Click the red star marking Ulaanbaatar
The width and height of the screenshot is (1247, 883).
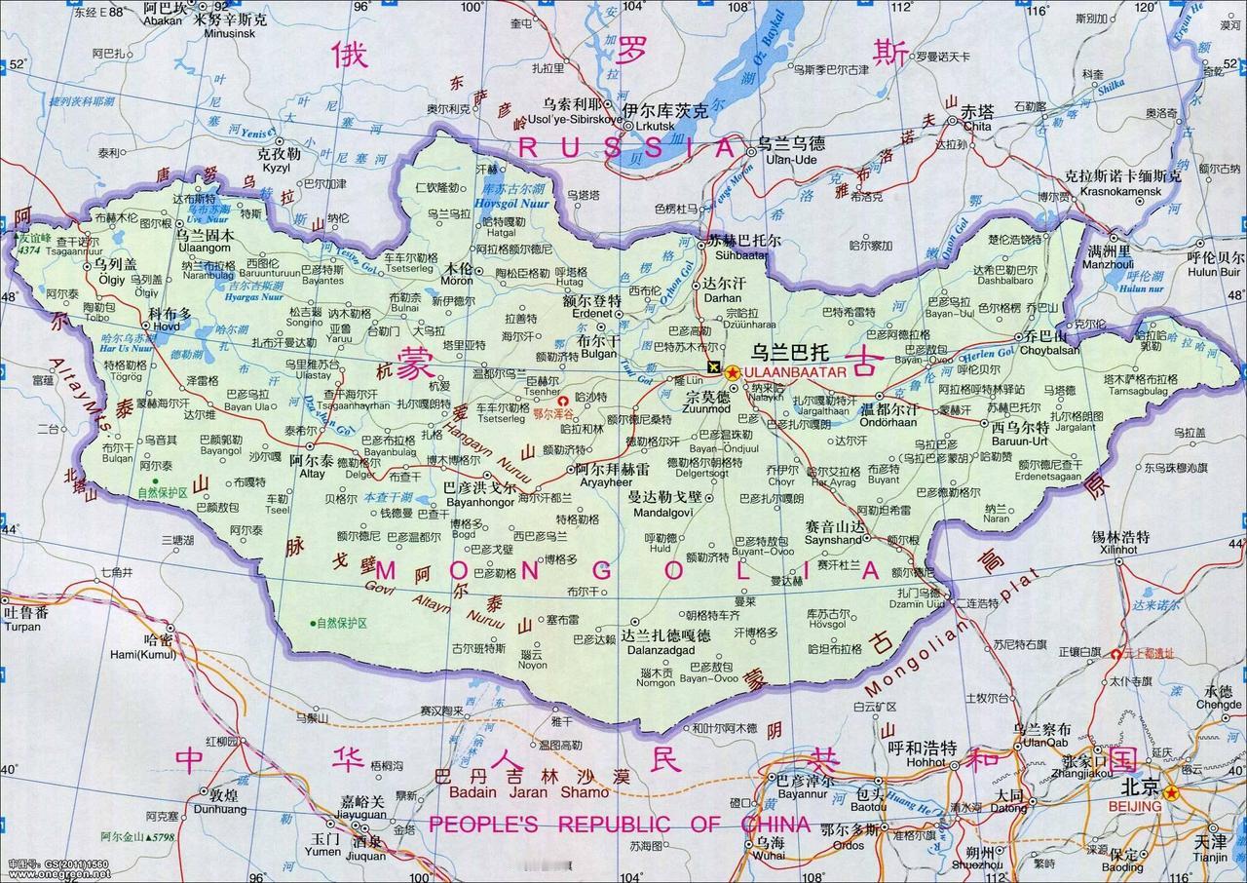coord(733,371)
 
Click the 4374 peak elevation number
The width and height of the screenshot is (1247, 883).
coord(29,250)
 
